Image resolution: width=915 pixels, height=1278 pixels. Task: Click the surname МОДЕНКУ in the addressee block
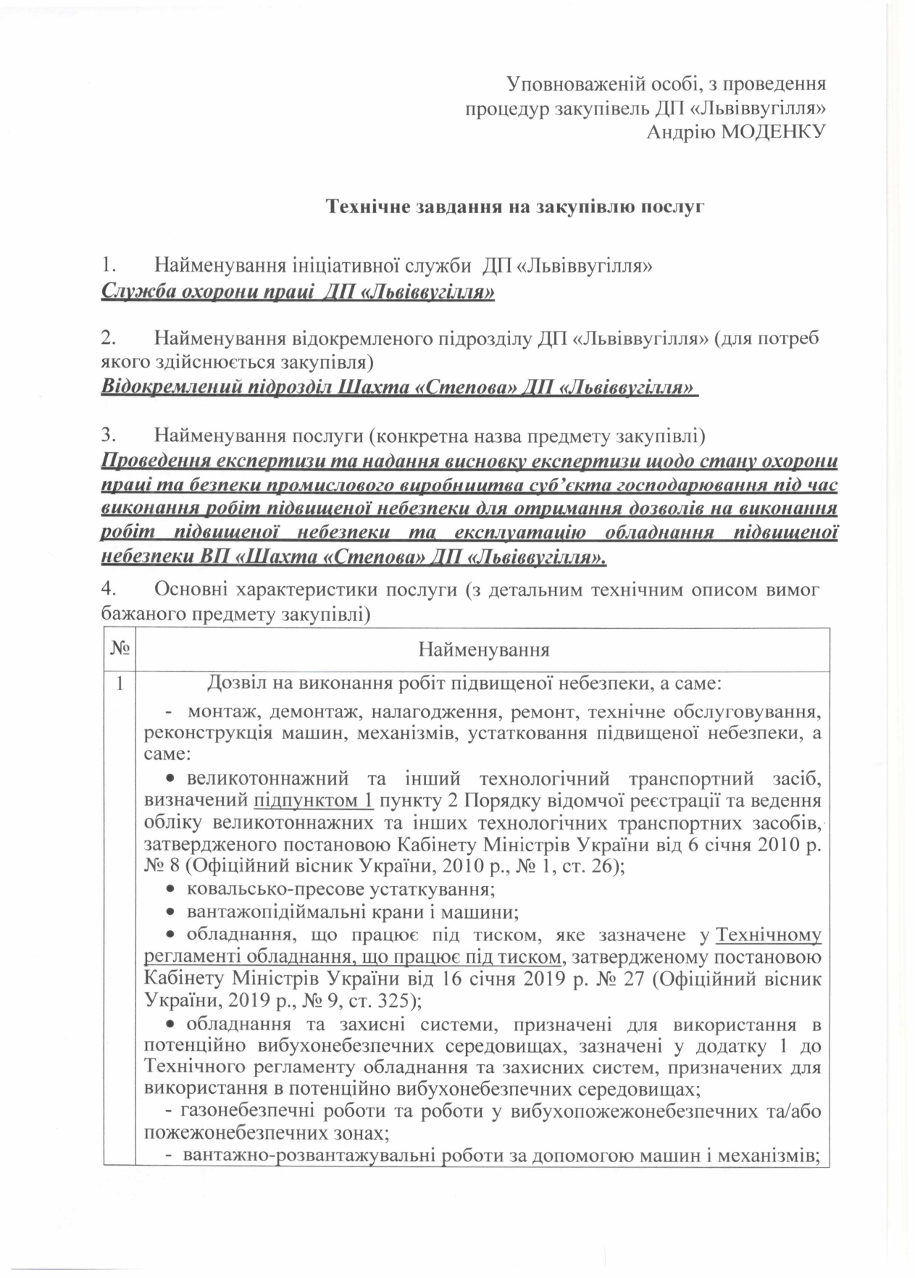click(774, 132)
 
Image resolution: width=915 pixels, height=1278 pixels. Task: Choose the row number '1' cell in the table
click(119, 682)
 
